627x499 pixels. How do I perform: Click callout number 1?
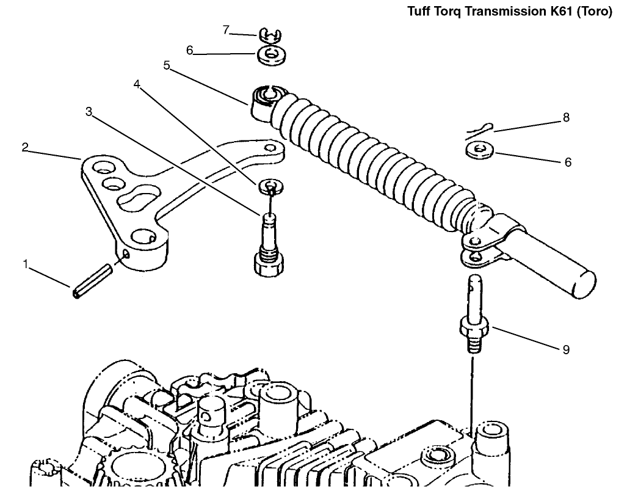coord(26,264)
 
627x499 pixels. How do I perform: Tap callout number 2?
coord(25,147)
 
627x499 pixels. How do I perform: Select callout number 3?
coord(89,112)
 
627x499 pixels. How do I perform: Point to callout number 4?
coord(137,84)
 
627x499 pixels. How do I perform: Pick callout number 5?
coord(167,65)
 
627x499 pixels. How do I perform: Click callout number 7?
coord(226,30)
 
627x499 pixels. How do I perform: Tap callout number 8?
coord(566,118)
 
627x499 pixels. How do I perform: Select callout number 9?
coord(566,349)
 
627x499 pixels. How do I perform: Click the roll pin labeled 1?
coord(93,281)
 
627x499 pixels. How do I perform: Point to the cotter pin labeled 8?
coord(480,131)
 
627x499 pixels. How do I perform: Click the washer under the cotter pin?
coord(479,151)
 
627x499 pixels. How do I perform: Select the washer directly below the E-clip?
coord(270,54)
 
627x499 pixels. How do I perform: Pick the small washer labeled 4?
coord(271,186)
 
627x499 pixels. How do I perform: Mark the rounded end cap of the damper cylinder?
coord(584,285)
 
